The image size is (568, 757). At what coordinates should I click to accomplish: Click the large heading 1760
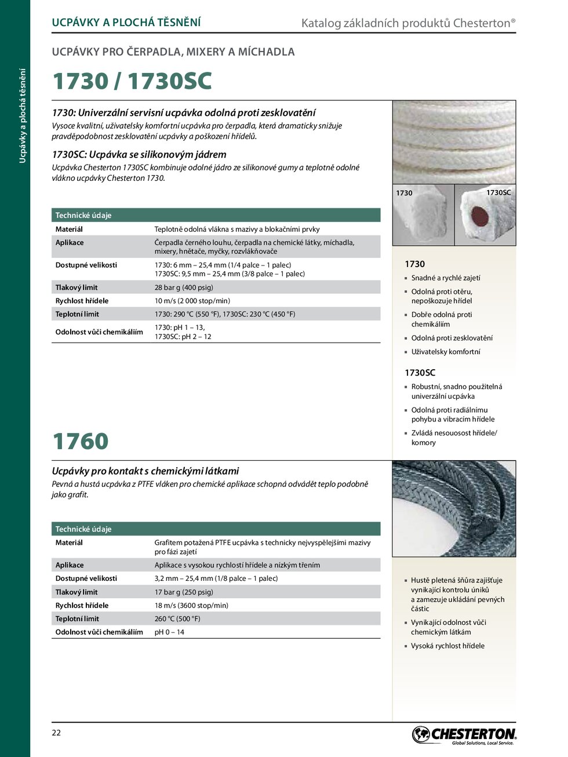81,441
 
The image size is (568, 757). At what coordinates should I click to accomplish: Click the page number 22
56,733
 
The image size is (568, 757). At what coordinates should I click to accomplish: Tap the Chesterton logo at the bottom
464,735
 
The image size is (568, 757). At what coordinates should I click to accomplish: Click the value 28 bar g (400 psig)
184,287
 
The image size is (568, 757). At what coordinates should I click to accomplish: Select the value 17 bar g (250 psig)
184,592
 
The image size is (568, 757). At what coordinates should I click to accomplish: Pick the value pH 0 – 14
169,632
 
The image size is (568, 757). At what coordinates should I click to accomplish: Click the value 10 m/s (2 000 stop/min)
192,301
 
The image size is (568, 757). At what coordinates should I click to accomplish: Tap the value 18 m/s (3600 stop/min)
191,606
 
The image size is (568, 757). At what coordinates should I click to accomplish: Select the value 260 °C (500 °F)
177,619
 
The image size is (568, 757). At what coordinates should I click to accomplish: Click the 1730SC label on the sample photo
498,192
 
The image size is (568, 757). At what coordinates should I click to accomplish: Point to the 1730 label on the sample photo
404,193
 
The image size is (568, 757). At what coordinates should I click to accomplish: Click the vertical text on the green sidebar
23,116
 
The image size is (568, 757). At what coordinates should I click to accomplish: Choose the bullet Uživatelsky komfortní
445,352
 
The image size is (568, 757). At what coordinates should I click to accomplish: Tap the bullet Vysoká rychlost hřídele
447,646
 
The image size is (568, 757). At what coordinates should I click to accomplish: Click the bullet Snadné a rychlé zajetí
445,278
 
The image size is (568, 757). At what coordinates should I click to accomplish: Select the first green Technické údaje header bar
216,215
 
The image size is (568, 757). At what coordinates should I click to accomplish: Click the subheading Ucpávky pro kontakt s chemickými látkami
145,471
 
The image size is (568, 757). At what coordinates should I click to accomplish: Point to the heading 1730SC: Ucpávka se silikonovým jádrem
139,155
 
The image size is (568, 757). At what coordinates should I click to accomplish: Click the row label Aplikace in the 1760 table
70,565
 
